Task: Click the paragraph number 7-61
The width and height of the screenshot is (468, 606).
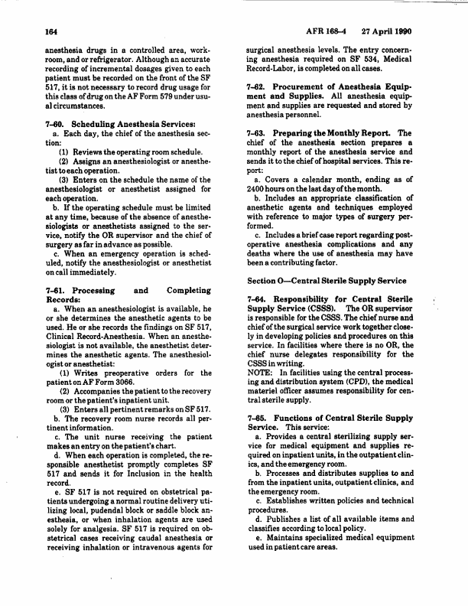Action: pos(36,269)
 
